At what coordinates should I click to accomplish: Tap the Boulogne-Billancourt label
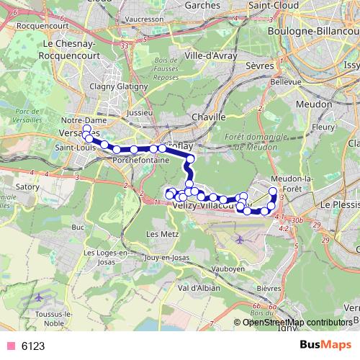[307, 32]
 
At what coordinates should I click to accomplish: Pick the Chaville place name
[210, 117]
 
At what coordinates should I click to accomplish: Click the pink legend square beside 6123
[10, 346]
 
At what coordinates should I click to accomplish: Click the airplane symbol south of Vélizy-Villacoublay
[239, 239]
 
